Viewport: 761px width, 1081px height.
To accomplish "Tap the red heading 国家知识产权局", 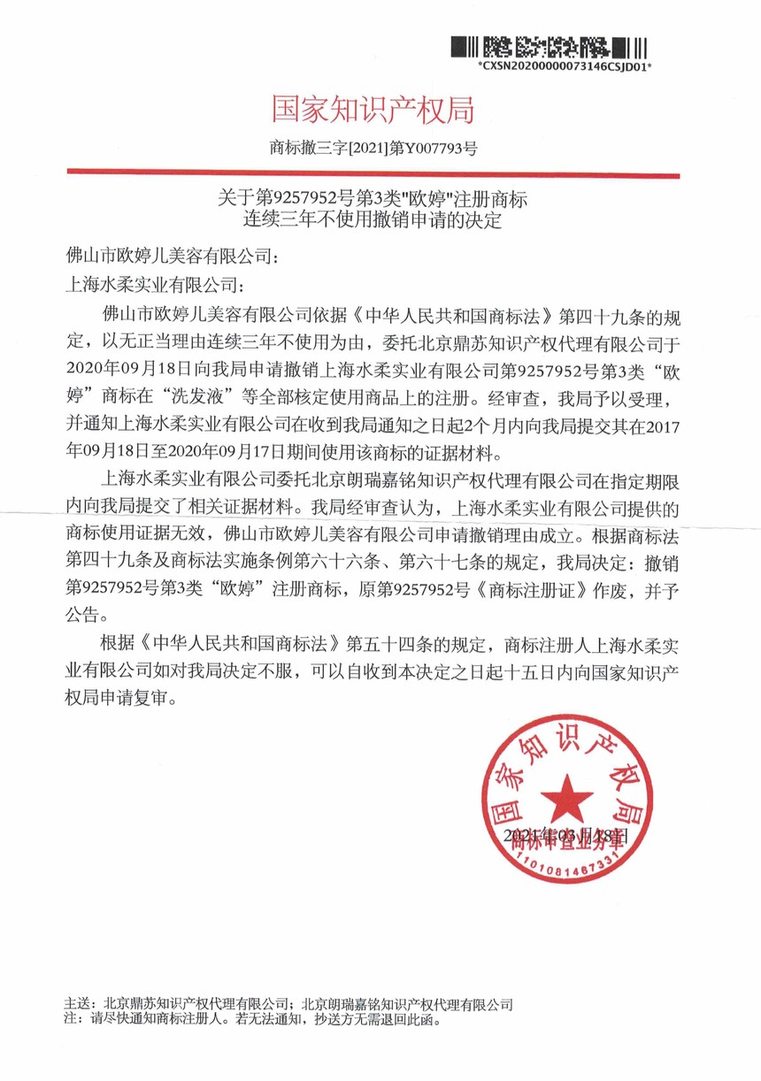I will click(x=373, y=111).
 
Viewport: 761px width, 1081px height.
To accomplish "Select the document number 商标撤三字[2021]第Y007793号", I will click(x=373, y=148).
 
